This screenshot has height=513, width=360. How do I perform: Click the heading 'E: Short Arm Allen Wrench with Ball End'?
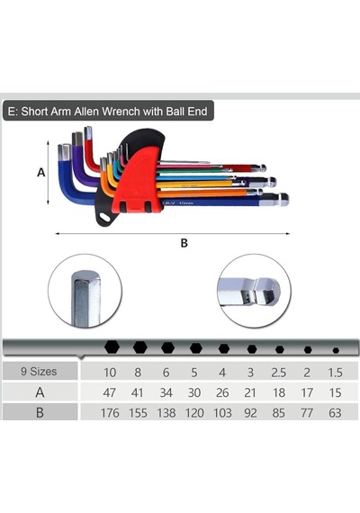click(x=108, y=112)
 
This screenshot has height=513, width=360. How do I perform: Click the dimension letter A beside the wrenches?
click(x=40, y=172)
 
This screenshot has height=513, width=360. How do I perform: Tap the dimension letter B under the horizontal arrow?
click(x=184, y=243)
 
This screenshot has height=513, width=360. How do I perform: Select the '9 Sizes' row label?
click(x=39, y=372)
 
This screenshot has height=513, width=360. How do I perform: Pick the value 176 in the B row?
click(x=110, y=413)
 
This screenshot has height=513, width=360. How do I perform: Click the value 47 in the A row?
click(x=109, y=392)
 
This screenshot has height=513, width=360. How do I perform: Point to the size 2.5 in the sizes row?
click(x=278, y=373)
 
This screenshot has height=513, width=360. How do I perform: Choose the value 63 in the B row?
click(x=335, y=413)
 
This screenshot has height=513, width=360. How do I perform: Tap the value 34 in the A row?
click(x=166, y=392)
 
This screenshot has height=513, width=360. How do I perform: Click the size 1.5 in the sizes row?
click(x=335, y=373)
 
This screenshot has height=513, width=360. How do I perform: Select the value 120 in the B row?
click(x=194, y=413)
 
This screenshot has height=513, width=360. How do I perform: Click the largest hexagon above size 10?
click(x=112, y=346)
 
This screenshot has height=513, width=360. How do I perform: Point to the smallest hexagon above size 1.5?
click(x=336, y=350)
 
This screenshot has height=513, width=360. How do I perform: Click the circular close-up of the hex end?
click(x=85, y=291)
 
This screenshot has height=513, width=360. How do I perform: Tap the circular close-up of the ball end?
click(x=254, y=291)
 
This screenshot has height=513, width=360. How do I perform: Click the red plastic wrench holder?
click(x=138, y=184)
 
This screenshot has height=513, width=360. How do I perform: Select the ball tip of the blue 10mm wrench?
click(x=284, y=199)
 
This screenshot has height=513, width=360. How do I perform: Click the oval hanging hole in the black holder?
click(x=105, y=217)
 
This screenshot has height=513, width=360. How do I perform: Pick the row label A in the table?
click(x=40, y=392)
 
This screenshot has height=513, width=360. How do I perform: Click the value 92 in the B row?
click(x=250, y=413)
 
